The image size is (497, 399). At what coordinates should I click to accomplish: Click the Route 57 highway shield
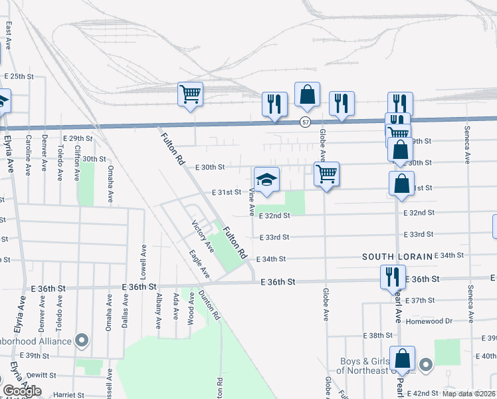click(x=305, y=122)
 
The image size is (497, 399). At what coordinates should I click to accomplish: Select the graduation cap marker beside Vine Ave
click(x=267, y=180)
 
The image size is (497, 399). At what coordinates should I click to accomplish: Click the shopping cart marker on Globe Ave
click(x=326, y=175)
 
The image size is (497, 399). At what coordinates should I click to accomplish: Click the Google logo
click(x=21, y=391)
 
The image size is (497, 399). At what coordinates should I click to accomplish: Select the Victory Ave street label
click(x=203, y=237)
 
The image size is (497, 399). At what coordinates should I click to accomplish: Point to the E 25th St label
click(x=19, y=76)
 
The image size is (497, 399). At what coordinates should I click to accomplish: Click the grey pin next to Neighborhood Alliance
click(x=82, y=341)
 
